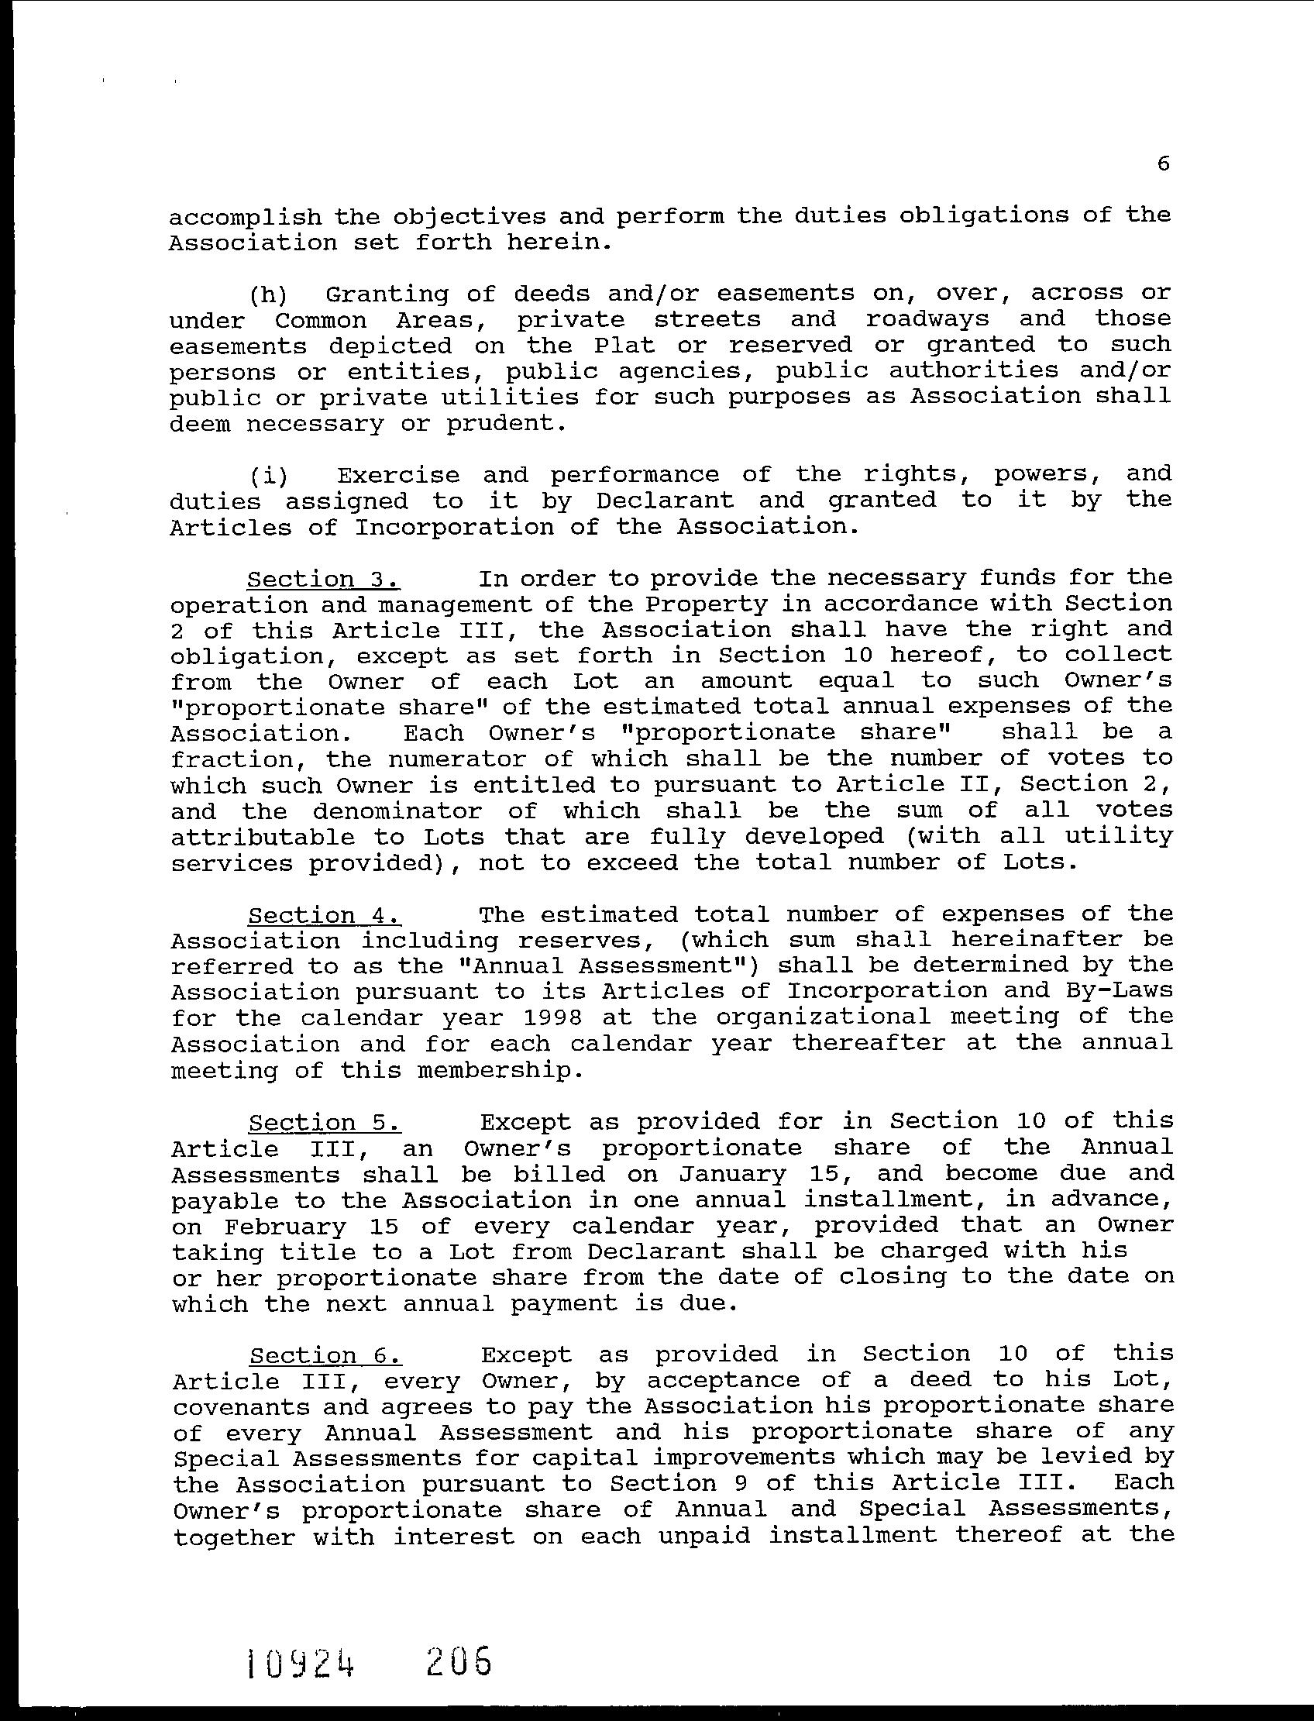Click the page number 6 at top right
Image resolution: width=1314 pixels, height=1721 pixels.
pos(1163,163)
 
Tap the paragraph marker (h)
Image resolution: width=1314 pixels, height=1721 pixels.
pos(268,295)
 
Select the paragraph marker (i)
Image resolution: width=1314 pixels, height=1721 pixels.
pos(268,476)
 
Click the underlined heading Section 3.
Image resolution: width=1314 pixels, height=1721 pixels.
pos(324,579)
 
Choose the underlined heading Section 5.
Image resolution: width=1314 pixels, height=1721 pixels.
pos(325,1123)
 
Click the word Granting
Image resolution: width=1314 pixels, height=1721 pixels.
pos(387,295)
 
